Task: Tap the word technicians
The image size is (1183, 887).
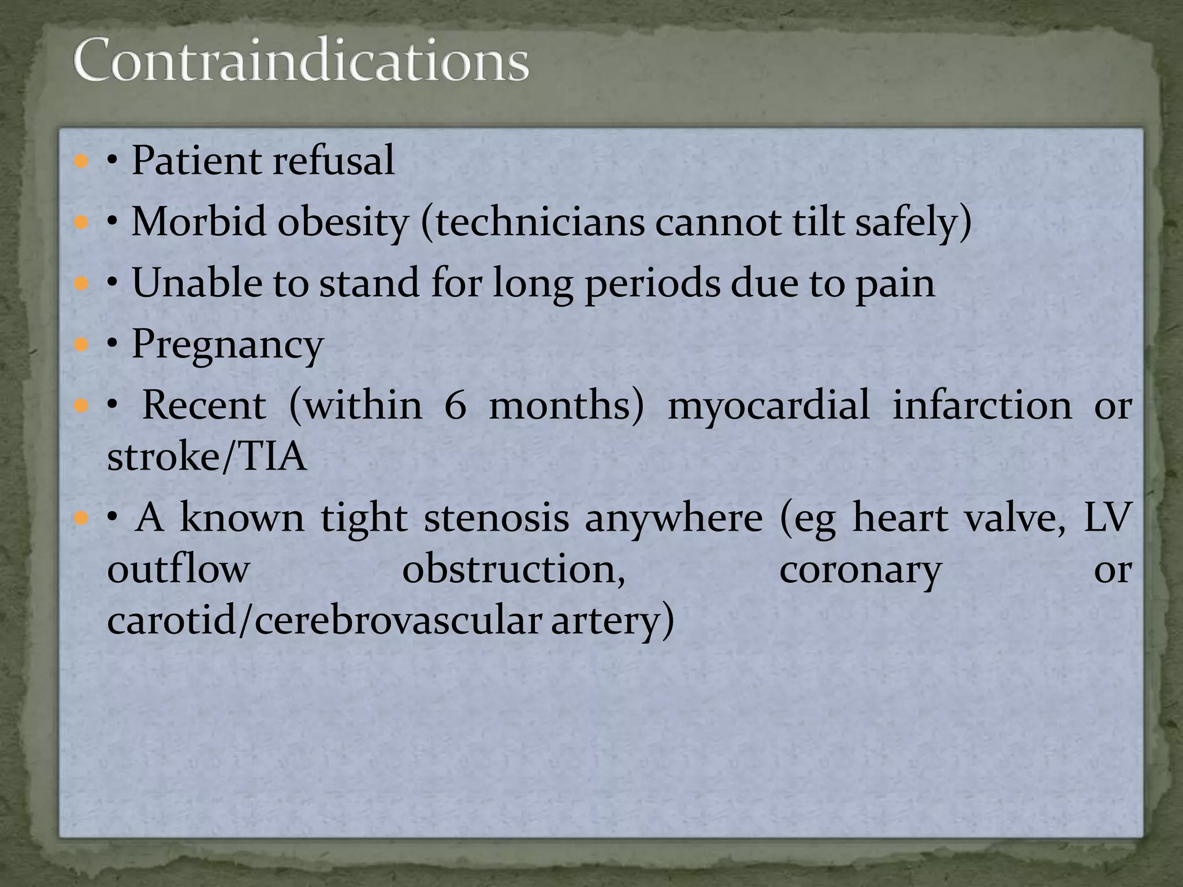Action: [540, 222]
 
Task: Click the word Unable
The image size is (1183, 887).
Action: [196, 283]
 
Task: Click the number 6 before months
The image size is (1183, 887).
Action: [455, 405]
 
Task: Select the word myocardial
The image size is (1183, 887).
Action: [768, 405]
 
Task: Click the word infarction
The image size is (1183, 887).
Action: [982, 405]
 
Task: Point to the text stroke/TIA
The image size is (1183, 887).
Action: [207, 457]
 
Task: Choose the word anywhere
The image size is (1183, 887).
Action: [674, 518]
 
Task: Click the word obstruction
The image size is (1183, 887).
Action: [514, 570]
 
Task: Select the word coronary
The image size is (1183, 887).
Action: [860, 570]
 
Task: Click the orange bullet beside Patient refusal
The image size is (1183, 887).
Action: [81, 161]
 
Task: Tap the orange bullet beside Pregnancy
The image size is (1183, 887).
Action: [81, 345]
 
